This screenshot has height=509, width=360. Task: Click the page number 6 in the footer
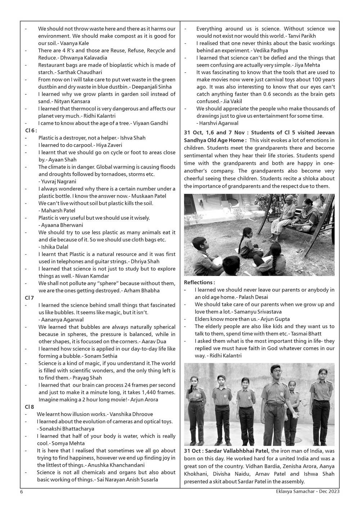point(21,491)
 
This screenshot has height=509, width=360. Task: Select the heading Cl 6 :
point(31,130)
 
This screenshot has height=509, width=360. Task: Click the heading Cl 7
point(30,298)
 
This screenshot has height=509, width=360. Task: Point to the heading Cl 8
point(30,407)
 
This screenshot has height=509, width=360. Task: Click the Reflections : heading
point(199,282)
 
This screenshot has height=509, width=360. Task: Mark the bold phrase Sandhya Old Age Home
point(215,140)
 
